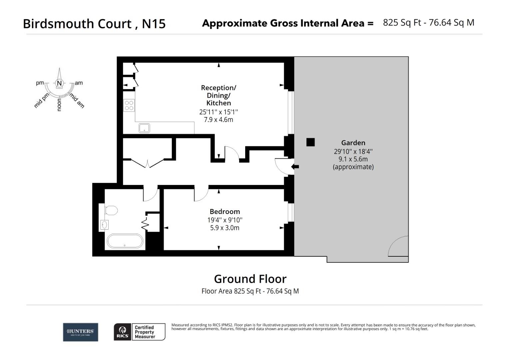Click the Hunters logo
pos(80,332)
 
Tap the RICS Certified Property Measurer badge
pos(140,332)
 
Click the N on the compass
pos(59,83)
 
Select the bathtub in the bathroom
pos(125,241)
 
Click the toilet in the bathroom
pos(111,210)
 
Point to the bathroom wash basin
pos(104,225)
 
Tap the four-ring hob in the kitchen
pos(129,105)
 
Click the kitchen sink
pos(144,128)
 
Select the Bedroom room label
pos(225,212)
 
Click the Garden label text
pos(353,143)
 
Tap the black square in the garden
pos(310,142)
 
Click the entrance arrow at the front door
pos(295,167)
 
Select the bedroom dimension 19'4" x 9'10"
pos(225,220)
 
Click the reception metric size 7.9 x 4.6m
pos(219,120)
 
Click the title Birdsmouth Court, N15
pos(94,24)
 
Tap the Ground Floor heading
pos(250,279)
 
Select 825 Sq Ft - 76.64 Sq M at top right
pos(428,23)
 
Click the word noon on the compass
pos(59,105)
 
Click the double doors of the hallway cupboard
pos(147,164)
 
